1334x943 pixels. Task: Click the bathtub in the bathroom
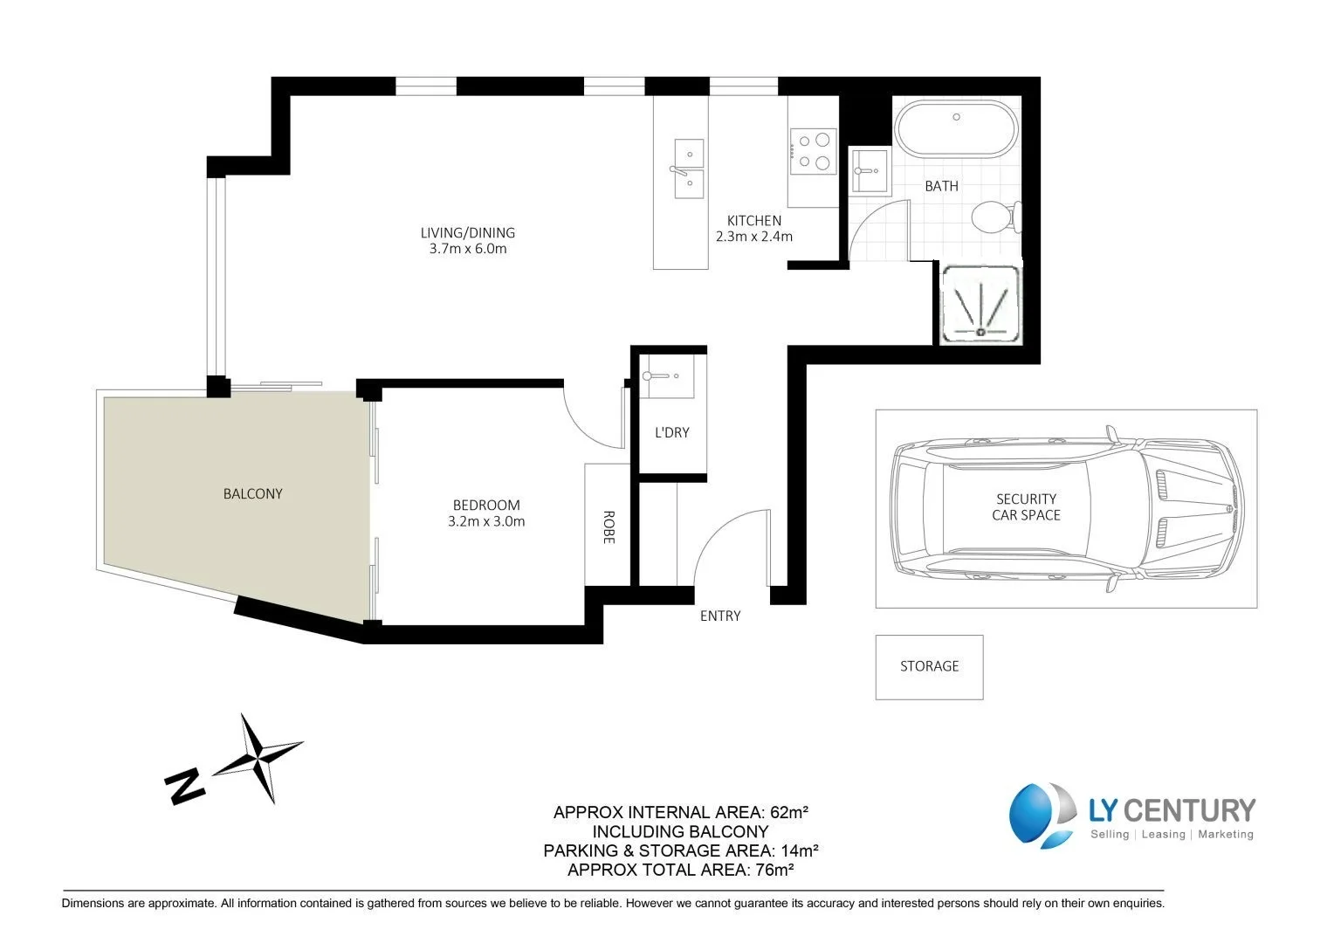pyautogui.click(x=957, y=129)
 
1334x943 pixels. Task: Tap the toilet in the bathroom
pyautogui.click(x=994, y=217)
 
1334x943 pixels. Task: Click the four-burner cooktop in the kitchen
pyautogui.click(x=813, y=150)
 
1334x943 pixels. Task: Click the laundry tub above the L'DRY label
pyautogui.click(x=667, y=376)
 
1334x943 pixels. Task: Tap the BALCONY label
pyautogui.click(x=252, y=493)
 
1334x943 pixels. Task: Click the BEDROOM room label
pyautogui.click(x=486, y=505)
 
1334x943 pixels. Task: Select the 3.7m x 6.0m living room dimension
pyautogui.click(x=468, y=249)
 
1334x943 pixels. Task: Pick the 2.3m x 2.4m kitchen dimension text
pyautogui.click(x=753, y=237)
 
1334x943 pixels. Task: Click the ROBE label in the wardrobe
pyautogui.click(x=608, y=527)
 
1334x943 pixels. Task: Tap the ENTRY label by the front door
pyautogui.click(x=719, y=616)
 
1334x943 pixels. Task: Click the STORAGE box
pyautogui.click(x=929, y=666)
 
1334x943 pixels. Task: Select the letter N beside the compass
pyautogui.click(x=184, y=786)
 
